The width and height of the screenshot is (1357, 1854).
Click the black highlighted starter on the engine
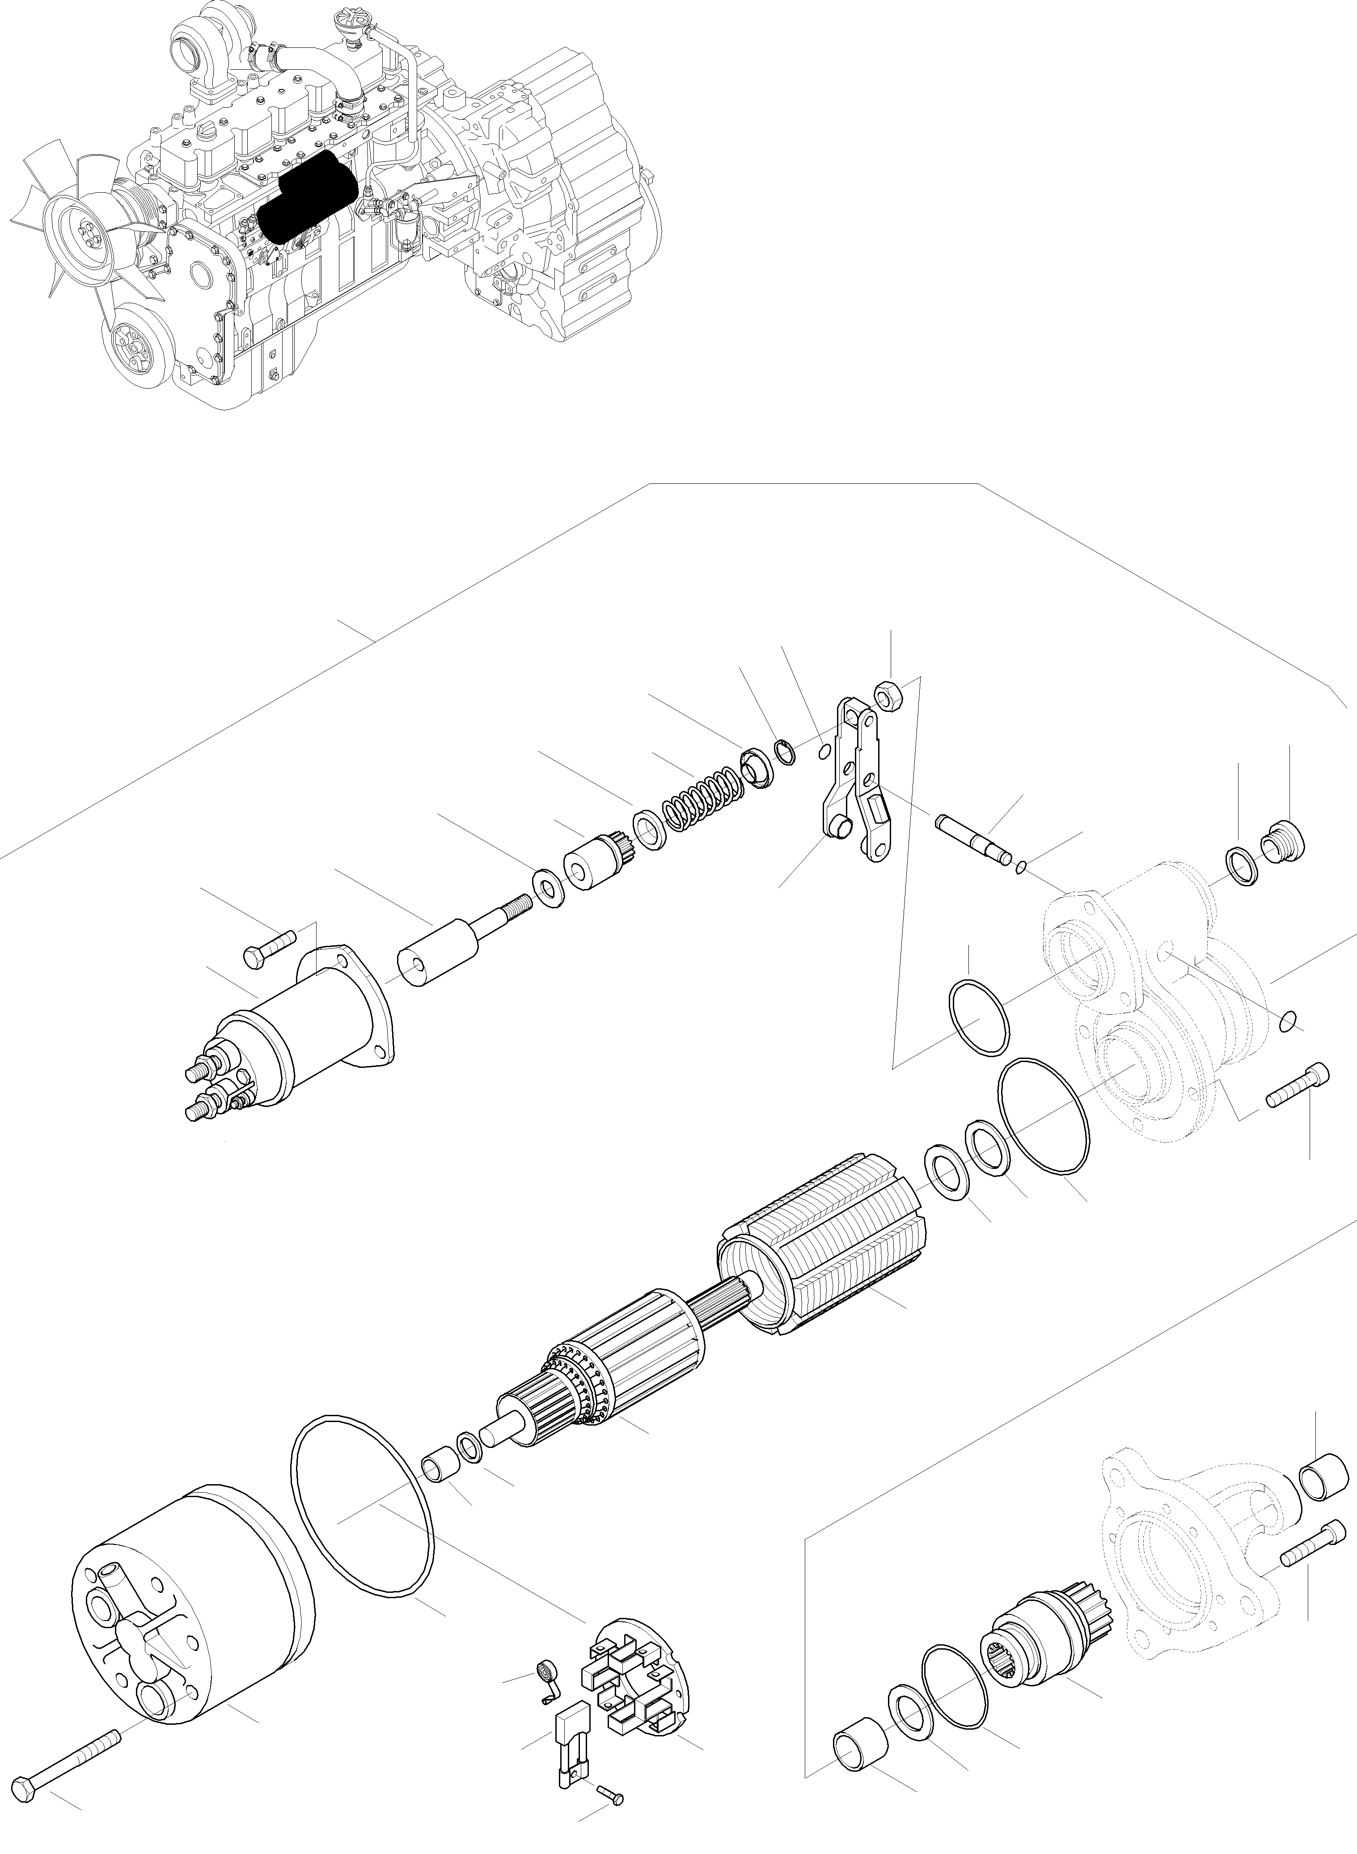click(x=305, y=197)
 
